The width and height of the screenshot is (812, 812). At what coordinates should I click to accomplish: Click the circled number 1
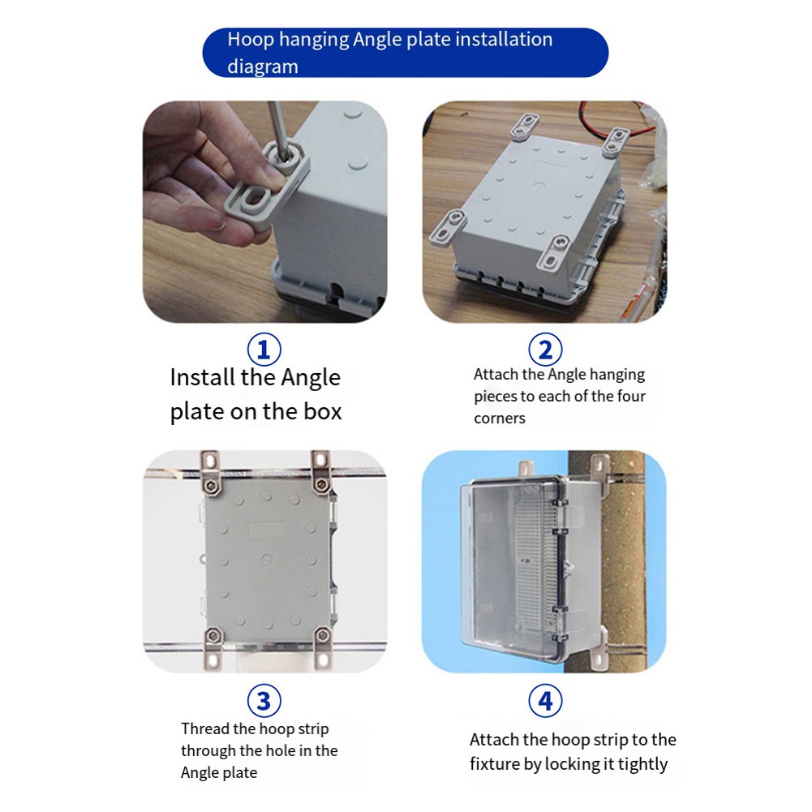coord(264,350)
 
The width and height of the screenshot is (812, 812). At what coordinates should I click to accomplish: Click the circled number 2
coord(545,350)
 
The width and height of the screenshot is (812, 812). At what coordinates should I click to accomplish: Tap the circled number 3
coord(264,701)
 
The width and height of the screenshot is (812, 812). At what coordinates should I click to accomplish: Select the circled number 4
coord(545,701)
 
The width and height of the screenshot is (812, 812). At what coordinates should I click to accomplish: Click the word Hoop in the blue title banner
coord(251,40)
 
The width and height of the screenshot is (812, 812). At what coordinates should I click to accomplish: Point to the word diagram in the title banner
coord(263,67)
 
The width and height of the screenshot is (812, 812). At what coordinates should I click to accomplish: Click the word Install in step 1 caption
coord(203,377)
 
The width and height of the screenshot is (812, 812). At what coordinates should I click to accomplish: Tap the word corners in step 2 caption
coord(499,418)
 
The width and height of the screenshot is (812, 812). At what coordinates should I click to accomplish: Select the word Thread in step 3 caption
coord(204,728)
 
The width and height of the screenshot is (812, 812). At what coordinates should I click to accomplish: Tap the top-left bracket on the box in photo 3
coord(210,472)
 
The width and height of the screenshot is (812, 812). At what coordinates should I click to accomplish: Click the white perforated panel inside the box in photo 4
coord(536,556)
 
